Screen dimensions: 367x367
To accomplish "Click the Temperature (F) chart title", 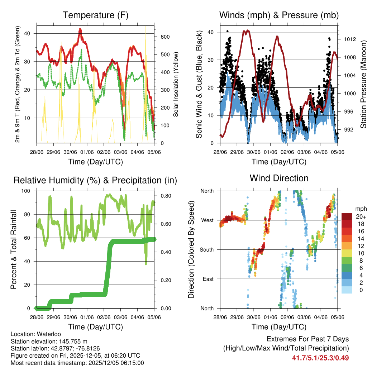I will pos(95,15).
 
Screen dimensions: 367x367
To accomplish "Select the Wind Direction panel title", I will pos(279,178).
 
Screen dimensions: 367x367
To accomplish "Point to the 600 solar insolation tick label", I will pos(165,37).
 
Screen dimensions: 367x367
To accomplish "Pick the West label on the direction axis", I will pos(207,220).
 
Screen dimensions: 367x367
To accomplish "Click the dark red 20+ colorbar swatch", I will pos(347,216).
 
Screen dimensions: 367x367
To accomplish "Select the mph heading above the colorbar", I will pos(360,209).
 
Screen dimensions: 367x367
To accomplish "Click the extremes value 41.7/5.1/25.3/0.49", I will pos(320,358).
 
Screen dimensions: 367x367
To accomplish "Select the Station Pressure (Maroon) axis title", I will pos(363,85).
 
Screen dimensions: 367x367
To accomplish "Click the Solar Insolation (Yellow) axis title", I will pos(176,85).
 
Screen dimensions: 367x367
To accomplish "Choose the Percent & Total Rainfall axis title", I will pos(14,249).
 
